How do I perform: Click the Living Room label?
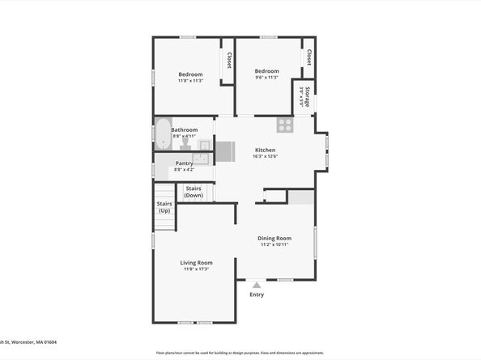click(x=196, y=263)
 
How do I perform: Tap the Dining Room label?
click(x=275, y=238)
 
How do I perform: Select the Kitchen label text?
click(x=266, y=150)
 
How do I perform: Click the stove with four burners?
click(x=284, y=125)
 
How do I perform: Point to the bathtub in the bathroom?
click(x=163, y=133)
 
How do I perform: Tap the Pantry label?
click(x=184, y=163)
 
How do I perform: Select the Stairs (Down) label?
click(x=194, y=193)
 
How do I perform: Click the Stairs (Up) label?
click(x=164, y=208)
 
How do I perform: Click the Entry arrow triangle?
click(x=257, y=285)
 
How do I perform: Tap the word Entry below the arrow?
click(x=257, y=294)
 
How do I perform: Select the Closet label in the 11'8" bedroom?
click(x=229, y=61)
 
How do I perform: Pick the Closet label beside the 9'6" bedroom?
click(x=309, y=59)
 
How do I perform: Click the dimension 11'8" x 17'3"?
click(x=196, y=269)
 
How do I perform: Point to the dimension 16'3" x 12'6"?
click(x=266, y=157)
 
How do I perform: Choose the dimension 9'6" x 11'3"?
click(x=266, y=78)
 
